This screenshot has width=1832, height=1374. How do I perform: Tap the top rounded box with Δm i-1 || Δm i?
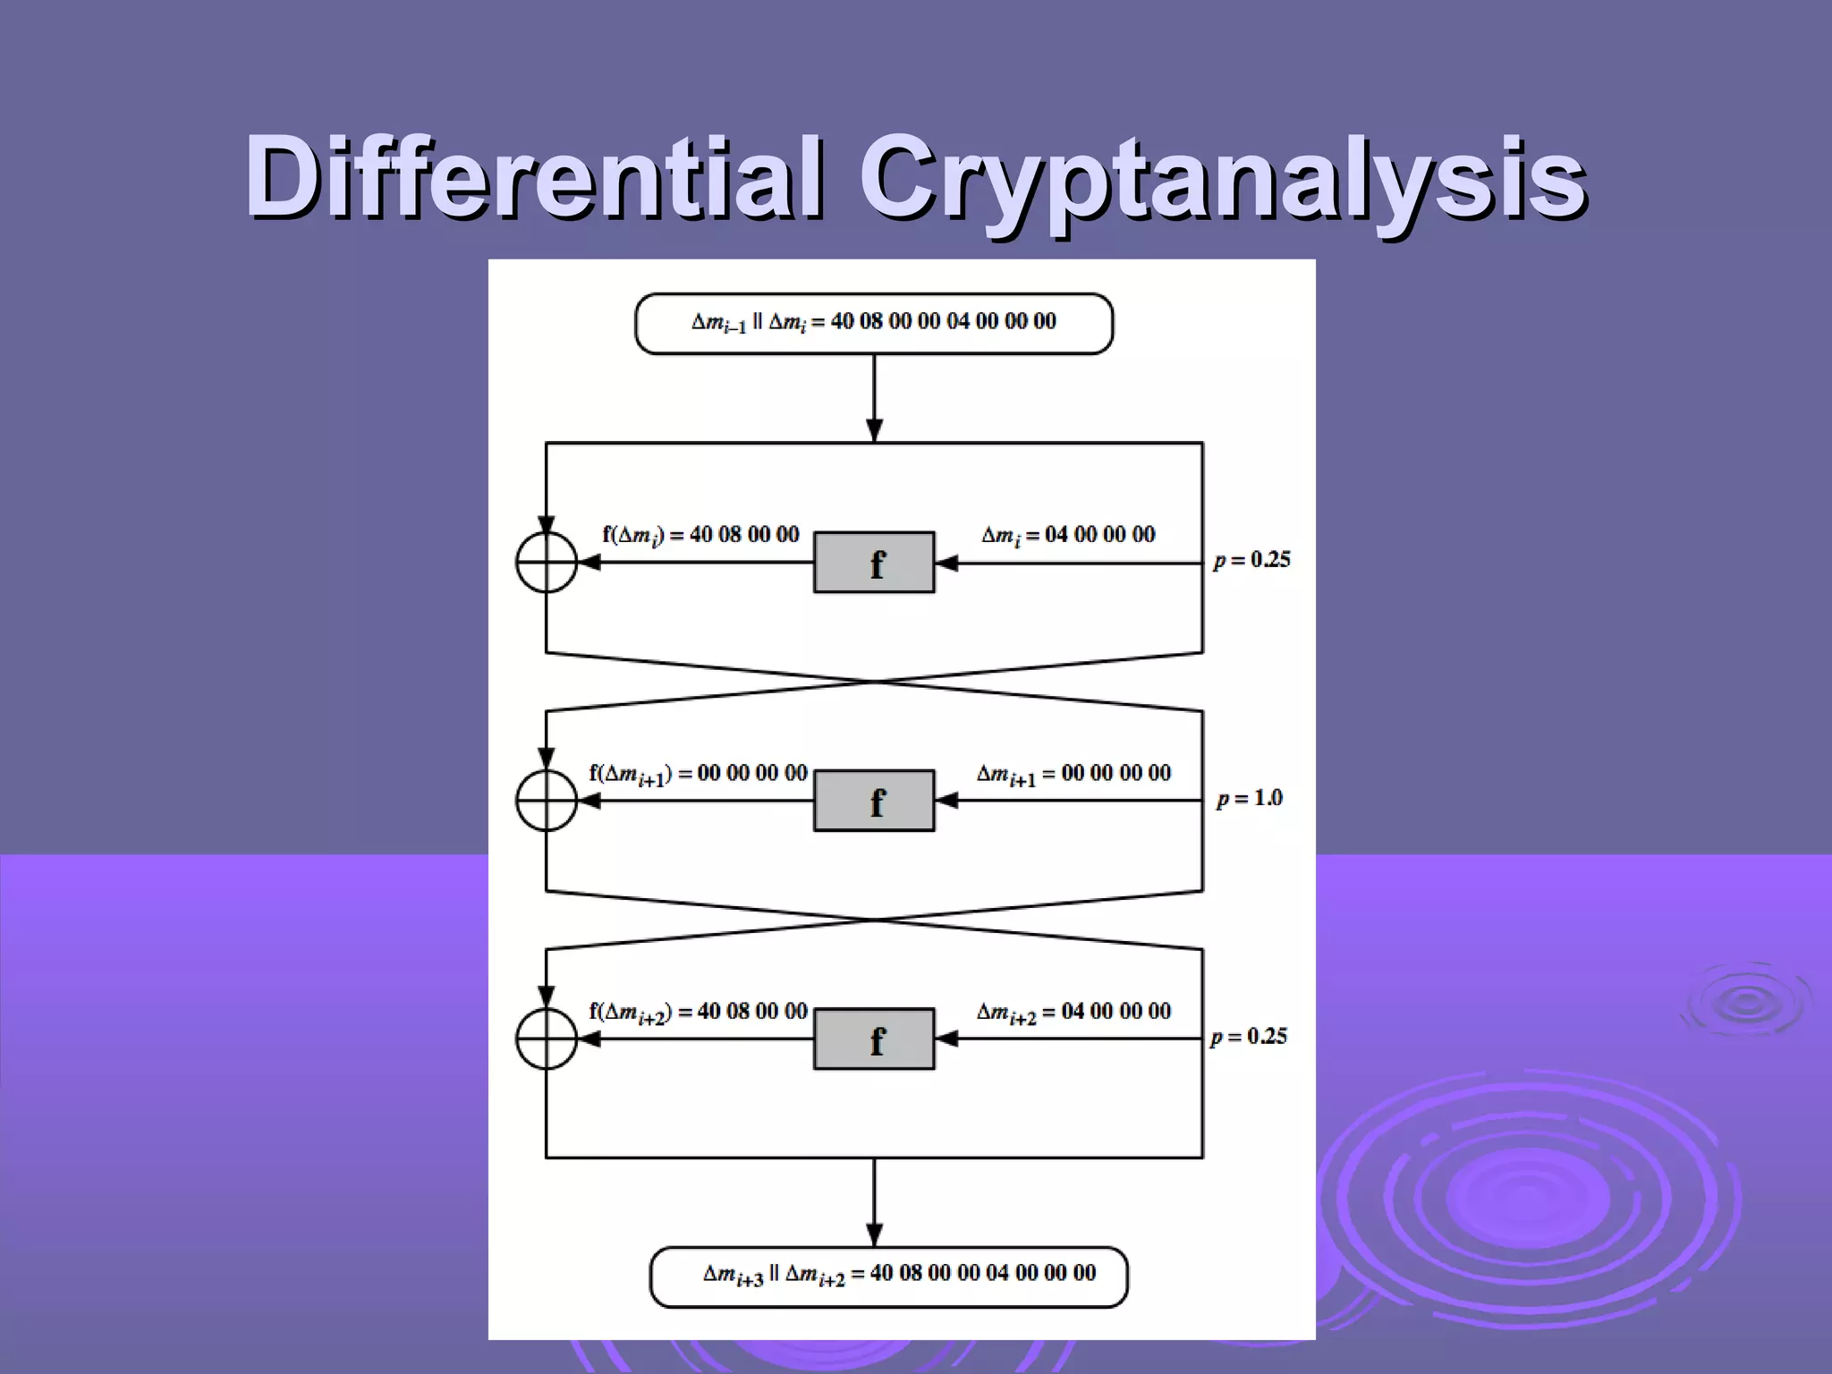click(x=874, y=323)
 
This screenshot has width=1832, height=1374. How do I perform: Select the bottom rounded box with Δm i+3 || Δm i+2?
click(x=888, y=1276)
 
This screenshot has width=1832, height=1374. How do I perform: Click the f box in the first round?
click(x=874, y=563)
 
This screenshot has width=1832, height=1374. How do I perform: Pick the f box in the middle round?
click(x=874, y=801)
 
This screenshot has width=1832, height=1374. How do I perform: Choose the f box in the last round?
click(x=874, y=1039)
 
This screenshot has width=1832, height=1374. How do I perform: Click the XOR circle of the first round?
click(x=547, y=563)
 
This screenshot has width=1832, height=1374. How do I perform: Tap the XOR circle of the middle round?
click(x=547, y=801)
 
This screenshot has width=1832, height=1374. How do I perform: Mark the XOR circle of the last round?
click(x=547, y=1039)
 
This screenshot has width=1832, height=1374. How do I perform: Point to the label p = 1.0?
click(x=1250, y=798)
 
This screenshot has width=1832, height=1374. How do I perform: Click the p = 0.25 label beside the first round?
click(x=1251, y=560)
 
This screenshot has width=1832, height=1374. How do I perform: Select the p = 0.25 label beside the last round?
click(x=1249, y=1037)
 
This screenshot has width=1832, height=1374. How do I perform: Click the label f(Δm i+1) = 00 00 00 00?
click(x=698, y=774)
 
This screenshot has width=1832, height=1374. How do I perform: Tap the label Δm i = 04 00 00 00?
click(x=1068, y=536)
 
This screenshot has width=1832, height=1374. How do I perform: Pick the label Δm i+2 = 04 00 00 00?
click(x=1073, y=1013)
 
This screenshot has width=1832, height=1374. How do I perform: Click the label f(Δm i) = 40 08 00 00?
click(x=700, y=536)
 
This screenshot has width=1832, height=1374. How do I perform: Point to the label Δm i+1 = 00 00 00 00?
click(x=1073, y=774)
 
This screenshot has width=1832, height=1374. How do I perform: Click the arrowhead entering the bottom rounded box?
click(x=875, y=1235)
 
